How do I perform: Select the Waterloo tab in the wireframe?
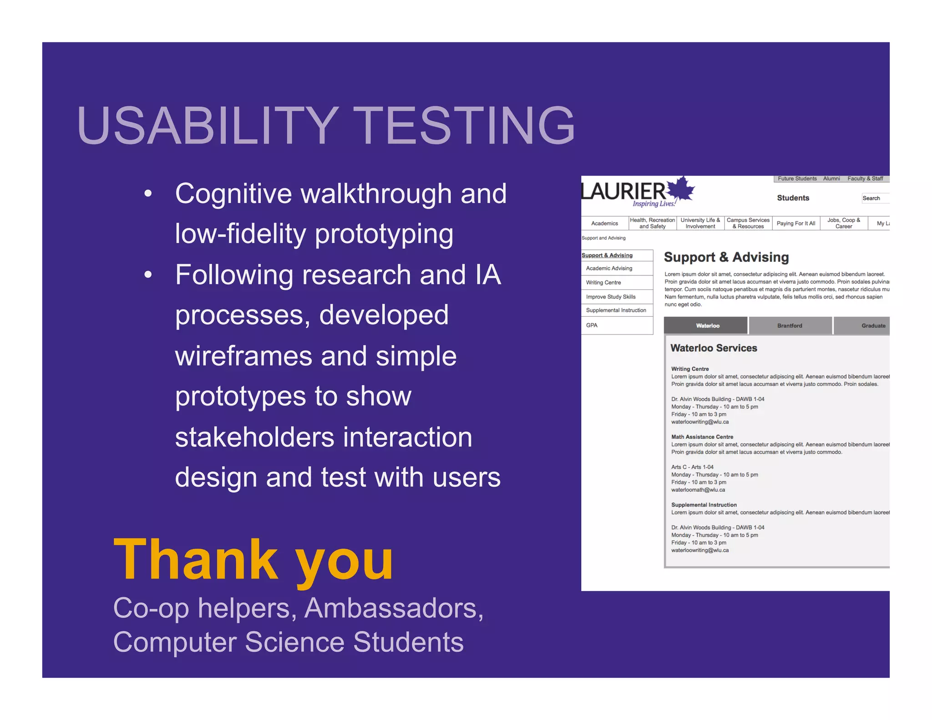(x=707, y=325)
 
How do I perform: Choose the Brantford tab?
(x=790, y=325)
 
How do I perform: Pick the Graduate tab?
(x=872, y=325)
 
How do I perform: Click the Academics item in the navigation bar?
(x=604, y=223)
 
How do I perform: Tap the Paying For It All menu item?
(x=795, y=223)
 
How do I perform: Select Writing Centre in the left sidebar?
(x=603, y=283)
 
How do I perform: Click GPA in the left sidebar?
(x=592, y=325)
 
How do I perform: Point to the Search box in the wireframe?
(x=874, y=198)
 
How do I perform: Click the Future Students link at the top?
(x=797, y=179)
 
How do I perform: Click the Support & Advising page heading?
(x=726, y=258)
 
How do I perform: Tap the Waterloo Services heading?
(x=714, y=348)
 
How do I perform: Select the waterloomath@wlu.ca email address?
(x=698, y=490)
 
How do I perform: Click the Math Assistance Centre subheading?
(x=702, y=437)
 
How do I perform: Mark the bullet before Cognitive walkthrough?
(x=147, y=194)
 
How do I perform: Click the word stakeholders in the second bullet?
(x=254, y=437)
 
